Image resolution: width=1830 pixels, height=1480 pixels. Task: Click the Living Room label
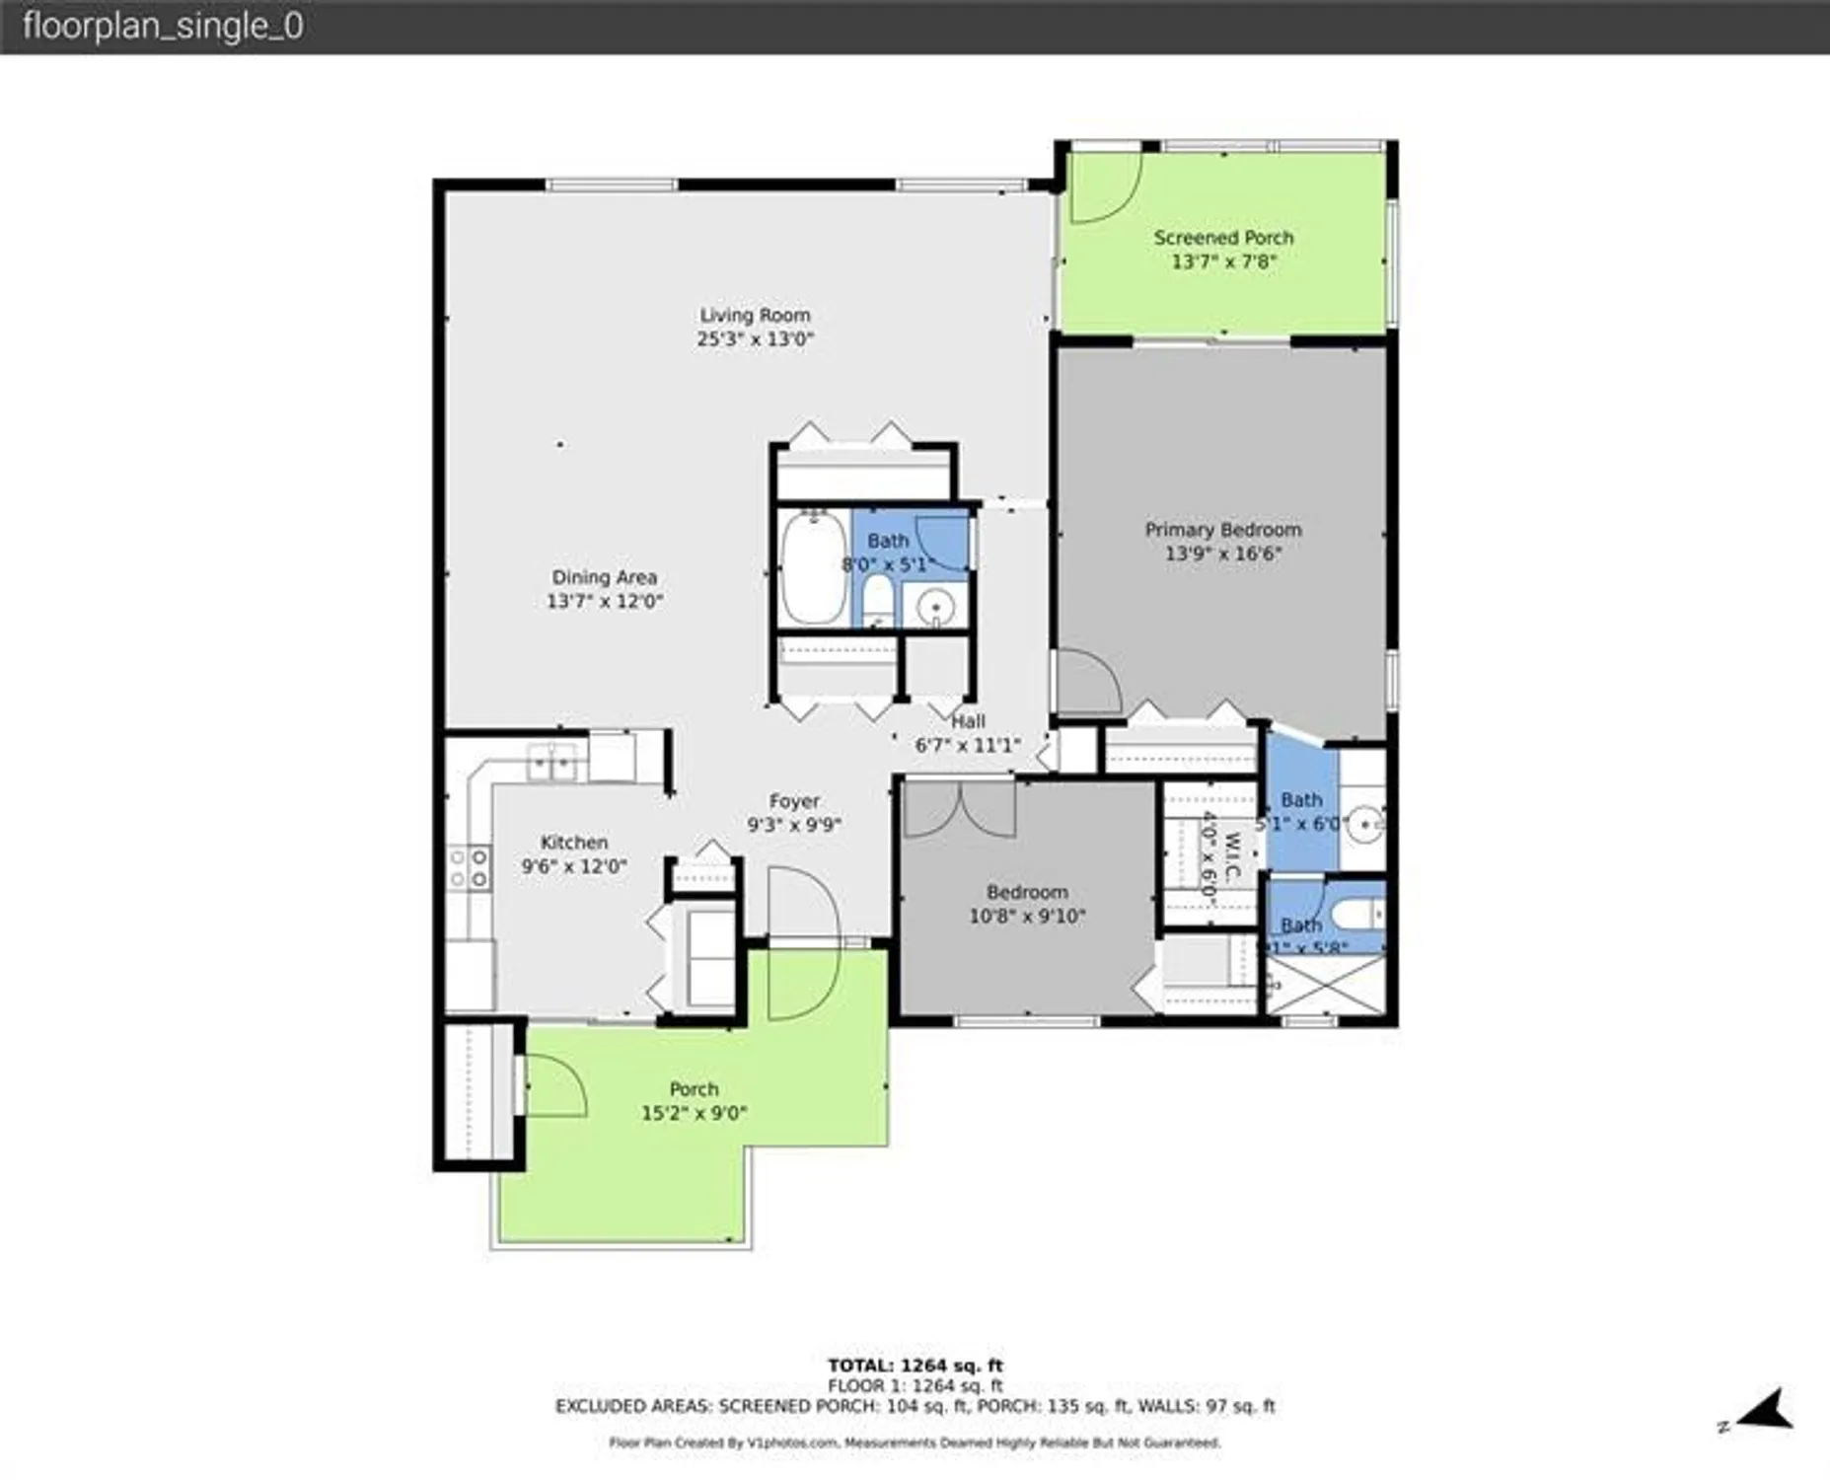pos(755,316)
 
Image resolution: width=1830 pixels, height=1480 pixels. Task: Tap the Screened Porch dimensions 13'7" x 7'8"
pos(1223,262)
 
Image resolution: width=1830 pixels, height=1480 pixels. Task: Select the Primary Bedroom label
pos(1222,530)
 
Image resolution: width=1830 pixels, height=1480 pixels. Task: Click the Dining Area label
pos(604,577)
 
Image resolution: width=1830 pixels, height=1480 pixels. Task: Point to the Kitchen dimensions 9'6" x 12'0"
pos(573,867)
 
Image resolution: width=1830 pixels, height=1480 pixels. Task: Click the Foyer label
pos(794,801)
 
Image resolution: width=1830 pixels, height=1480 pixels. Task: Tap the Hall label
pos(968,721)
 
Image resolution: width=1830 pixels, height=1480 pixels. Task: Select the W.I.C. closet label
pos(1231,854)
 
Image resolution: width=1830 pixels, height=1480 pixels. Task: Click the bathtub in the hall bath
pos(813,568)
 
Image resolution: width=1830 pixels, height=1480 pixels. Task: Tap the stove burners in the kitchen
pos(469,867)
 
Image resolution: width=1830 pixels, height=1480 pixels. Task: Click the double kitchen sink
pos(552,762)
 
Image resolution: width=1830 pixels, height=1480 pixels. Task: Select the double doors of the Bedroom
pos(960,809)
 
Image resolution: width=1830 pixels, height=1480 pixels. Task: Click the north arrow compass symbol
pos(1764,1410)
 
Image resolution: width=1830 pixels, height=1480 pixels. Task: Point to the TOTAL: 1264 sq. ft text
pos(915,1366)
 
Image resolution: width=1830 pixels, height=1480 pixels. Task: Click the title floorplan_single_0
pos(163,27)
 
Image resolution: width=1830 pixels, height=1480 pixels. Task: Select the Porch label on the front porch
pos(694,1089)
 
